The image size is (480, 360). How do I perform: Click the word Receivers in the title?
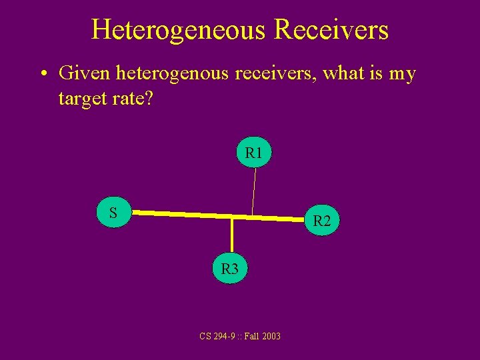(x=331, y=30)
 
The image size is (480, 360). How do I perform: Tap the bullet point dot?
(x=42, y=73)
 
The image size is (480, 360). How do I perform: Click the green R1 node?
(x=254, y=153)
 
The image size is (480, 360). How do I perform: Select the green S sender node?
(x=114, y=213)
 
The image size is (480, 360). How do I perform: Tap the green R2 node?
(x=322, y=221)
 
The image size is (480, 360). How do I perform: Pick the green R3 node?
(x=229, y=269)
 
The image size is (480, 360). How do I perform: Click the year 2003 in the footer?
(x=271, y=336)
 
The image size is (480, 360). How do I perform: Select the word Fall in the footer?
(x=251, y=336)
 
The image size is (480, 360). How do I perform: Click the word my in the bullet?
(x=402, y=73)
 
